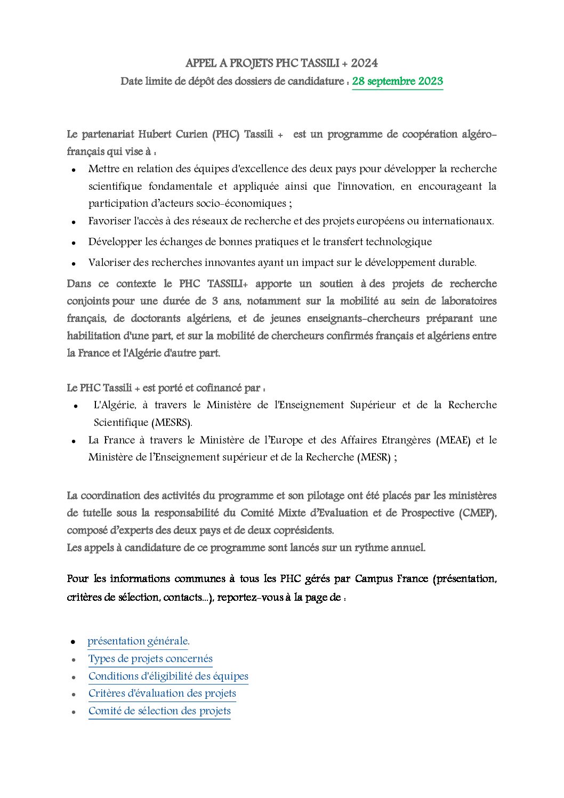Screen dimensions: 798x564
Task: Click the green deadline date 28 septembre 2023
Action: (x=397, y=81)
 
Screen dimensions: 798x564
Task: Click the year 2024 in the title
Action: (x=364, y=63)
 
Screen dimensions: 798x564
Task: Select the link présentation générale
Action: (x=138, y=641)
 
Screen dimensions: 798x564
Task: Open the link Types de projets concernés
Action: (x=150, y=658)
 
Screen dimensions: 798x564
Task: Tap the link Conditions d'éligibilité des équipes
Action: (x=168, y=676)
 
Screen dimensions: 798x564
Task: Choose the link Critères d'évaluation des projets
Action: (x=162, y=693)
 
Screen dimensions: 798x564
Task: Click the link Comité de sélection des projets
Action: (x=159, y=711)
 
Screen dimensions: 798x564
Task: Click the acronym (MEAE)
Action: (x=453, y=440)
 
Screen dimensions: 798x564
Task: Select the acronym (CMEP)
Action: (x=477, y=513)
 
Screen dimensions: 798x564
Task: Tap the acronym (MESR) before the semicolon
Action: (x=375, y=457)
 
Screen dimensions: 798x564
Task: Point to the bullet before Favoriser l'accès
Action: (x=74, y=222)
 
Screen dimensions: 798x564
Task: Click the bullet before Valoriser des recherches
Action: (x=74, y=263)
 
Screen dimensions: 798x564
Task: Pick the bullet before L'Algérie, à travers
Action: (x=76, y=406)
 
